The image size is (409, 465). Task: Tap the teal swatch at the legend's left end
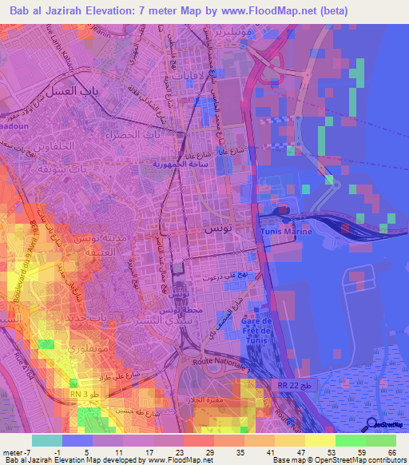47,440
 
